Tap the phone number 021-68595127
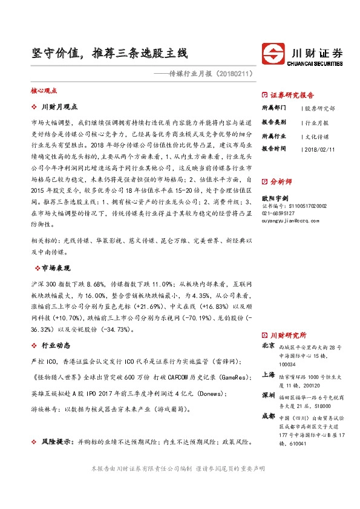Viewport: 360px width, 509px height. pos(278,213)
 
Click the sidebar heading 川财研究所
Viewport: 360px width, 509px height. pos(288,334)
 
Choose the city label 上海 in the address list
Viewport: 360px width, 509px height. pos(267,374)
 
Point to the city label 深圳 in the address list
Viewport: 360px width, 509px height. pos(267,395)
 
